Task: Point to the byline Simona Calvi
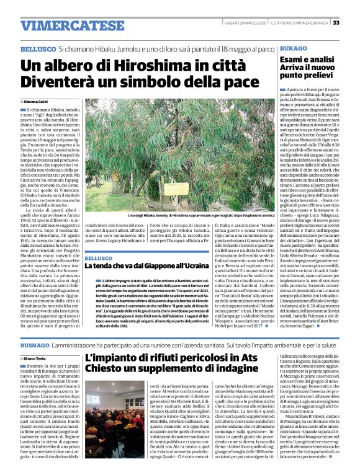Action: [37, 100]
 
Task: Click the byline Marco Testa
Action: [37, 358]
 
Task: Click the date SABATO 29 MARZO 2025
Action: [245, 23]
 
